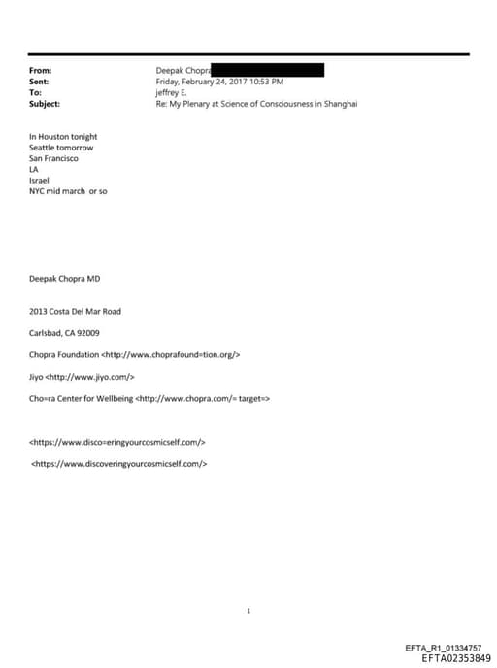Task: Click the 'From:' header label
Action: pyautogui.click(x=40, y=71)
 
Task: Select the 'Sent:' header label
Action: pyautogui.click(x=39, y=82)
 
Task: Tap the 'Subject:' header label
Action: pyautogui.click(x=45, y=104)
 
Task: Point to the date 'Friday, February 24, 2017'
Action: pyautogui.click(x=203, y=82)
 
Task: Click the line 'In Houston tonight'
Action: pyautogui.click(x=63, y=137)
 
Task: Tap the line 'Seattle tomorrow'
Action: pyautogui.click(x=61, y=148)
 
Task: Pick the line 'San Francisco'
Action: pyautogui.click(x=54, y=158)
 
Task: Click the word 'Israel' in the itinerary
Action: pyautogui.click(x=39, y=181)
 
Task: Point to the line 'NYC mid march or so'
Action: pyautogui.click(x=68, y=191)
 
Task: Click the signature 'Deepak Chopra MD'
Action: pyautogui.click(x=65, y=279)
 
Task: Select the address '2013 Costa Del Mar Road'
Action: pyautogui.click(x=76, y=311)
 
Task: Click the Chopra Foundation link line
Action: pyautogui.click(x=135, y=354)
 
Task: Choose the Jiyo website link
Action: pyautogui.click(x=82, y=377)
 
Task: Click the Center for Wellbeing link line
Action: pyautogui.click(x=149, y=398)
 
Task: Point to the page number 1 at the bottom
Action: pyautogui.click(x=249, y=611)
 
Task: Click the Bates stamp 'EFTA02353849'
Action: pyautogui.click(x=456, y=658)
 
